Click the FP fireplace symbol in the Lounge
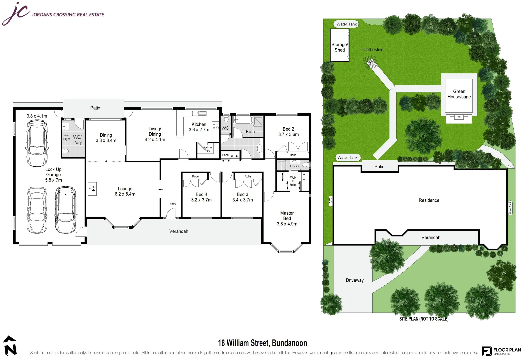pos(92,189)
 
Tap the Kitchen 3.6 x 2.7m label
pos(199,127)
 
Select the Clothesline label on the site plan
pos(373,50)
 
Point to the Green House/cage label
pos(459,94)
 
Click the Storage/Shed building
pos(339,46)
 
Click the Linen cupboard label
pos(225,155)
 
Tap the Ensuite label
pos(294,166)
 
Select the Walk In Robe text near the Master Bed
pos(293,181)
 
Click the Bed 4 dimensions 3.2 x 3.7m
pos(201,200)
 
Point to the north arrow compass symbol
pos(10,346)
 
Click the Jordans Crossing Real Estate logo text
pos(68,15)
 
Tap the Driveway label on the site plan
pos(355,280)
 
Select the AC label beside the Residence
pos(331,201)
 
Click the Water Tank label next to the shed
pos(346,24)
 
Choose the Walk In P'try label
pos(207,149)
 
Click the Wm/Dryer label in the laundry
pos(67,137)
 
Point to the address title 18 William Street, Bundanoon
pos(262,343)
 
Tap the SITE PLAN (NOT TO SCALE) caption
pos(424,319)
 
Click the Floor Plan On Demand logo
pos(501,351)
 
